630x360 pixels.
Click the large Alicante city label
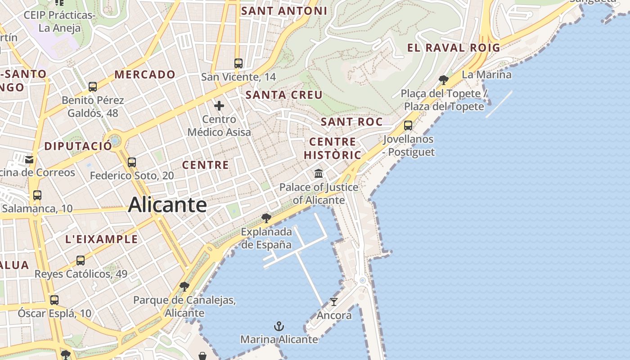tap(167, 205)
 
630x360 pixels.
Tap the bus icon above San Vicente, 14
tap(238, 63)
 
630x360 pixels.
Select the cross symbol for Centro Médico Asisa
tap(219, 106)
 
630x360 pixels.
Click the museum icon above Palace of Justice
tap(319, 173)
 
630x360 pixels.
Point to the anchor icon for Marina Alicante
tap(279, 326)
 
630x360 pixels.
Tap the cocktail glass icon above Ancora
tap(333, 301)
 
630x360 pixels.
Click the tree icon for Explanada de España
tap(266, 218)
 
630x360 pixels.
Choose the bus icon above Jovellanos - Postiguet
tap(408, 126)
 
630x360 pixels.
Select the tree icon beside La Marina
tap(443, 80)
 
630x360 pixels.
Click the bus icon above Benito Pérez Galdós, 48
tap(93, 86)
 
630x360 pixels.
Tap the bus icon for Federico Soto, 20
tap(132, 162)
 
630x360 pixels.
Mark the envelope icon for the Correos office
tap(29, 159)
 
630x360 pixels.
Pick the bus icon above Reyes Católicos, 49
tap(81, 260)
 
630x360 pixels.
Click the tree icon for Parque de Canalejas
tap(184, 286)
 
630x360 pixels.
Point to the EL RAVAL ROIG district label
tap(454, 48)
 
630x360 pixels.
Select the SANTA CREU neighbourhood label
tap(284, 95)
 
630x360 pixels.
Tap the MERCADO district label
tap(145, 75)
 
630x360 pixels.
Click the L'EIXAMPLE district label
tap(102, 239)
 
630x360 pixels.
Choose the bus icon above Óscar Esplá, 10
tap(54, 300)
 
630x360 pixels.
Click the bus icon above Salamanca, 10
tap(37, 195)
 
